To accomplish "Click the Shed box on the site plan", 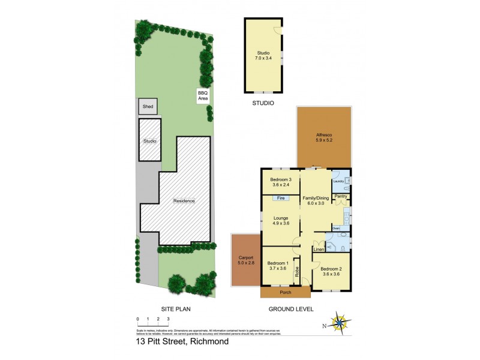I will (148, 107).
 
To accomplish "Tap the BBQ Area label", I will (203, 95).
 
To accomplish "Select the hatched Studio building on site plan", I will (150, 140).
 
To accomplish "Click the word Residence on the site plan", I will (184, 201).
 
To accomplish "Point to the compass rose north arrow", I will (340, 325).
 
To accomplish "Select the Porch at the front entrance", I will (285, 293).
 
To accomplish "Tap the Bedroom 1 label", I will (278, 263).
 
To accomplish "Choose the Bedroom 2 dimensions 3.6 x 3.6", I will (331, 274).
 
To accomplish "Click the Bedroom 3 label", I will (280, 180).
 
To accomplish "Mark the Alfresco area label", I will (324, 136).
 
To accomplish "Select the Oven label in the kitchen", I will (335, 228).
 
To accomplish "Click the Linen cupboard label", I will (318, 249).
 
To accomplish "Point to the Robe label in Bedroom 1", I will (297, 271).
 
